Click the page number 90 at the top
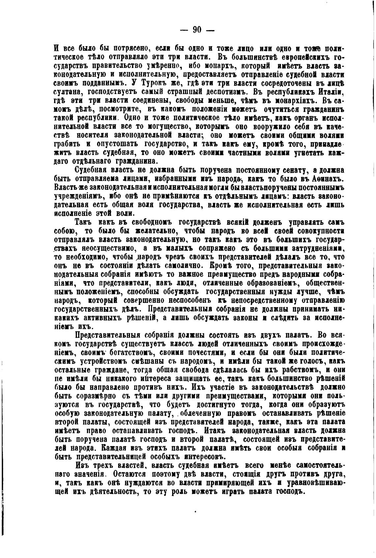click(x=197, y=30)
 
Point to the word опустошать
click(x=114, y=144)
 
